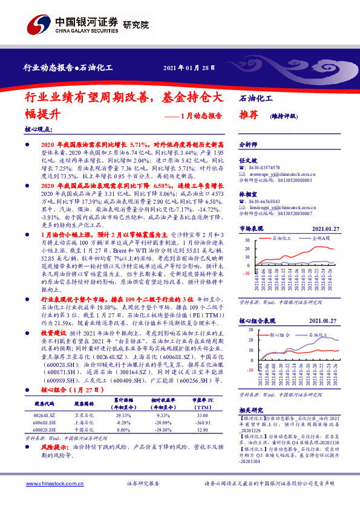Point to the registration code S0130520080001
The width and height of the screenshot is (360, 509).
pyautogui.click(x=290, y=180)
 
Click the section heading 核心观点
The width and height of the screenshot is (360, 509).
pyautogui.click(x=40, y=130)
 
